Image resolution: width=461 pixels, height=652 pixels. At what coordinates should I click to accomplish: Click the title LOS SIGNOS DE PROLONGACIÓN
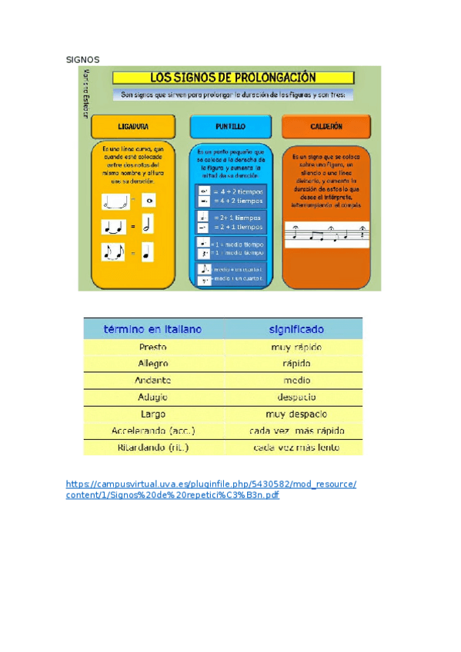(233, 78)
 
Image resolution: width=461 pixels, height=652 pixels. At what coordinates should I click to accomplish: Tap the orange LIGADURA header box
(133, 126)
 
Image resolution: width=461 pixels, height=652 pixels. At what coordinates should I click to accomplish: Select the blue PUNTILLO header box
(230, 126)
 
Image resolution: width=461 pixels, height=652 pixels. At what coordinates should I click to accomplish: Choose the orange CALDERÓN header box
(326, 126)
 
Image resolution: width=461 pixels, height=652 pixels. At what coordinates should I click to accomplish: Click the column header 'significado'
(296, 329)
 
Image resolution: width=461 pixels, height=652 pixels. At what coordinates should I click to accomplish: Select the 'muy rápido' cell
(296, 347)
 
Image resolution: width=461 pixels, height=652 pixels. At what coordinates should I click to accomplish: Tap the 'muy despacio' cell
(296, 414)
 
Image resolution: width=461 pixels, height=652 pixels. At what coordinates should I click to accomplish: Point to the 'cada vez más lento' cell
(296, 447)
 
